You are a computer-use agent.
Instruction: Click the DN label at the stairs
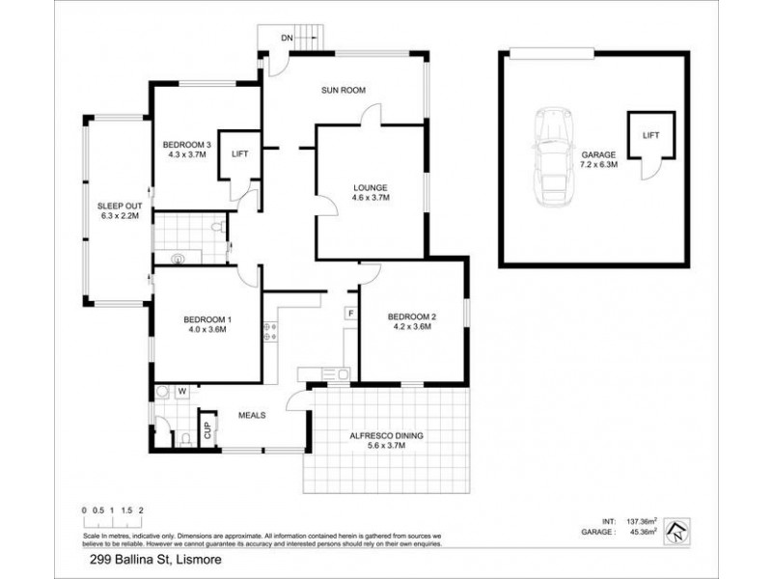tap(287, 38)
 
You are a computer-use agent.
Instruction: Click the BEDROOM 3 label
tap(188, 148)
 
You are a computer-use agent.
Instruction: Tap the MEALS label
tap(252, 416)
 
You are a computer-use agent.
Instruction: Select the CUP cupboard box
tap(207, 428)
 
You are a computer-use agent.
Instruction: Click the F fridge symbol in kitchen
tap(350, 313)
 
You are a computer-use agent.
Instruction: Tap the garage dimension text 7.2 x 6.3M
tap(598, 164)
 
